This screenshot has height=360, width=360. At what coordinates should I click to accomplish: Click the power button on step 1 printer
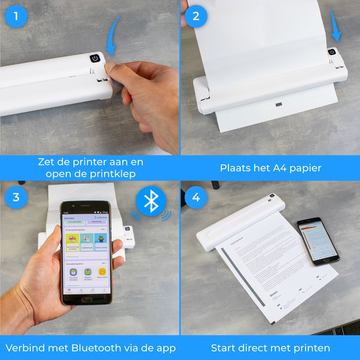94,58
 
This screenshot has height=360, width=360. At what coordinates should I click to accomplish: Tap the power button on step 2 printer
331,52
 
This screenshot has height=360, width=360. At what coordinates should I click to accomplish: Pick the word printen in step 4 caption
311,348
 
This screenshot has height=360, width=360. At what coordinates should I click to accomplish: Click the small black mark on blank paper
278,105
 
